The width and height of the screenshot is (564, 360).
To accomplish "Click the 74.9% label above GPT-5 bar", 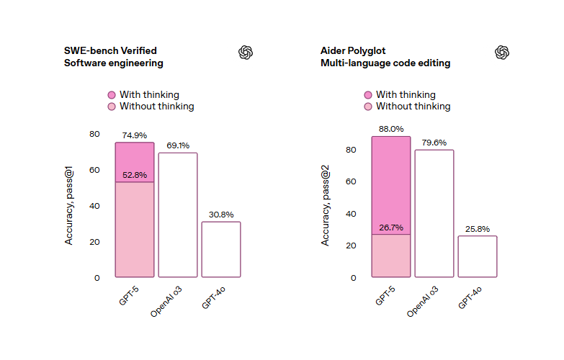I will pyautogui.click(x=135, y=135).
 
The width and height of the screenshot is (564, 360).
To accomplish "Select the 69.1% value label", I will pyautogui.click(x=178, y=145).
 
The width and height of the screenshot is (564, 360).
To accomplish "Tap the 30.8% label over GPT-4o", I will pyautogui.click(x=221, y=215).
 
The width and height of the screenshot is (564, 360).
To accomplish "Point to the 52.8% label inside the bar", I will pyautogui.click(x=135, y=175).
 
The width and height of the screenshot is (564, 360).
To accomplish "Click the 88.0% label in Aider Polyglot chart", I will pyautogui.click(x=391, y=130).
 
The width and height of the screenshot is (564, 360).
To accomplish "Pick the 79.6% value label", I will pyautogui.click(x=434, y=143).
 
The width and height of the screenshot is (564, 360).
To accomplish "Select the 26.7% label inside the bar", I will pyautogui.click(x=391, y=228).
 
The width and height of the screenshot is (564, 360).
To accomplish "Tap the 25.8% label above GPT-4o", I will pyautogui.click(x=478, y=229).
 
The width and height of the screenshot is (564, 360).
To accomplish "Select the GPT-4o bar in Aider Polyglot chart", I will pyautogui.click(x=478, y=256).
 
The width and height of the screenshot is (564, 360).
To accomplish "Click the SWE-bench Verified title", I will pyautogui.click(x=110, y=51).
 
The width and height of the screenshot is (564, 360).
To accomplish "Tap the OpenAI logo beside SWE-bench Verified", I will pyautogui.click(x=246, y=52).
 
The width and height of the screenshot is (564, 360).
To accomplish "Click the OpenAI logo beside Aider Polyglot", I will pyautogui.click(x=502, y=52).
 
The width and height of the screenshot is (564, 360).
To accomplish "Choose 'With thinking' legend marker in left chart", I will pyautogui.click(x=112, y=95).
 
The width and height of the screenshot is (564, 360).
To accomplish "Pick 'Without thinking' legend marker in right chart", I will pyautogui.click(x=368, y=107).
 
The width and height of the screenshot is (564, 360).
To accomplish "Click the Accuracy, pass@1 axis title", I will pyautogui.click(x=69, y=206).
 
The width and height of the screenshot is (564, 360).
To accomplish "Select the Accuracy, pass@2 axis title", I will pyautogui.click(x=326, y=206).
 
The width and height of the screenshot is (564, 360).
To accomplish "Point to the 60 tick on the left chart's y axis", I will pyautogui.click(x=95, y=170).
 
